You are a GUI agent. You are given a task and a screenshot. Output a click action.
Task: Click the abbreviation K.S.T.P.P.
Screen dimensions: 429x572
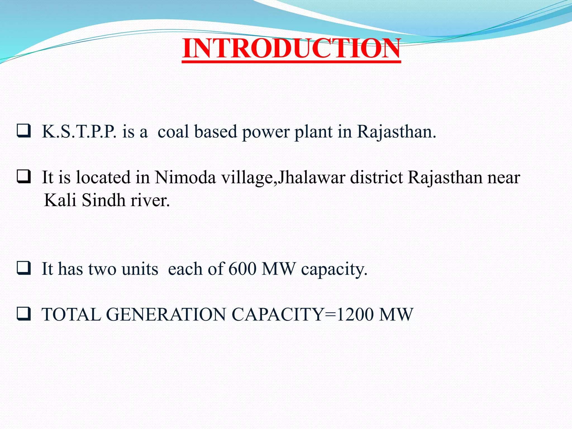pos(79,132)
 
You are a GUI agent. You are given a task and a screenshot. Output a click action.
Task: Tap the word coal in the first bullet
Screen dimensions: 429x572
pos(173,132)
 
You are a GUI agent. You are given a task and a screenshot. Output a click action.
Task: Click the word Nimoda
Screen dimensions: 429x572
pos(185,177)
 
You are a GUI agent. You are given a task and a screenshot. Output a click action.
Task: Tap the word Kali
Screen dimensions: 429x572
pos(60,200)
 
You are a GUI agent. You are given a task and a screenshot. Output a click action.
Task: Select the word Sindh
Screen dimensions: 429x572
pos(104,200)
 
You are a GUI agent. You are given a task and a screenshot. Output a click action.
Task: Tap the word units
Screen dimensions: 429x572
pos(140,269)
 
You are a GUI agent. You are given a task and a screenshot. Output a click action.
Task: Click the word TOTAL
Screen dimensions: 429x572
pos(71,314)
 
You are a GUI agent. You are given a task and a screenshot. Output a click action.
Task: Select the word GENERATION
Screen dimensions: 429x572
pos(166,314)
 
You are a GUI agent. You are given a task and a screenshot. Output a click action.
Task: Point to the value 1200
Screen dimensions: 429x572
pos(355,314)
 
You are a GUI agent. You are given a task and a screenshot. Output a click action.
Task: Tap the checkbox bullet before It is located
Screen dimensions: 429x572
pos(24,176)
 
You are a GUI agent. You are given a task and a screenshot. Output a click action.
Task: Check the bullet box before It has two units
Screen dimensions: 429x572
pos(24,268)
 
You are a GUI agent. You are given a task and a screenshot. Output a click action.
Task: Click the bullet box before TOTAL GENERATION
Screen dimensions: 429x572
pos(24,313)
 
